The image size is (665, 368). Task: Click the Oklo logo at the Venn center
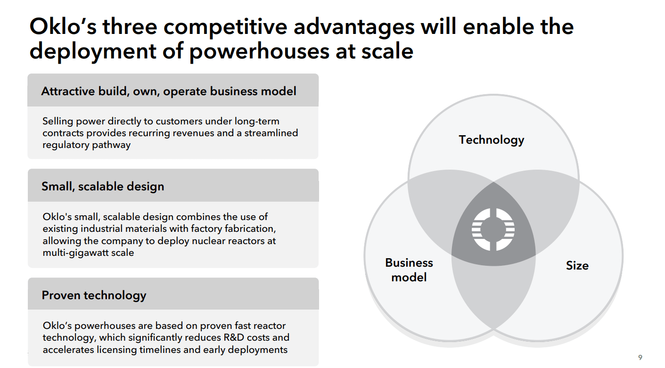pos(493,229)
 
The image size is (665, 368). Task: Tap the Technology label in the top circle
pos(492,140)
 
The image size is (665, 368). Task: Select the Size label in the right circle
pos(577,266)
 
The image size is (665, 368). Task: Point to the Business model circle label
pos(409,270)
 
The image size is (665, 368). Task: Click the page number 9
pos(640,358)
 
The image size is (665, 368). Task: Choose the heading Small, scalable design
pos(103,187)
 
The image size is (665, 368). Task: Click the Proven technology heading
pos(94,295)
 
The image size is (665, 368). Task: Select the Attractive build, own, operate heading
pos(169,91)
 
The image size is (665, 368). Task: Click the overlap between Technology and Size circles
pos(551,203)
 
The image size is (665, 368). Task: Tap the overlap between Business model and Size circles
pos(493,292)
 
